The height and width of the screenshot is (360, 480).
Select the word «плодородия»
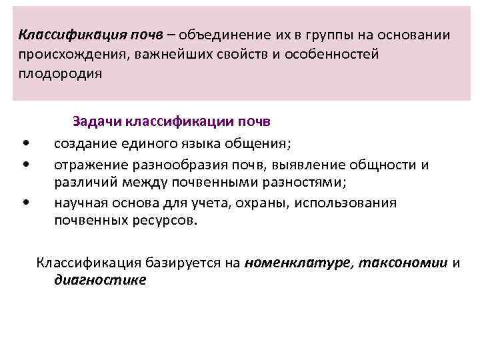pos(60,73)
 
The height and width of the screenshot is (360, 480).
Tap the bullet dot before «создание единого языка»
pos(25,143)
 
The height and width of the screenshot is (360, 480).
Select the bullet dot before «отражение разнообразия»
pos(25,163)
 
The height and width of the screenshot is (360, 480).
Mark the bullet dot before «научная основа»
pos(25,203)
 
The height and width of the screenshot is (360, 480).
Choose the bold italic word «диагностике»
pos(100,281)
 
